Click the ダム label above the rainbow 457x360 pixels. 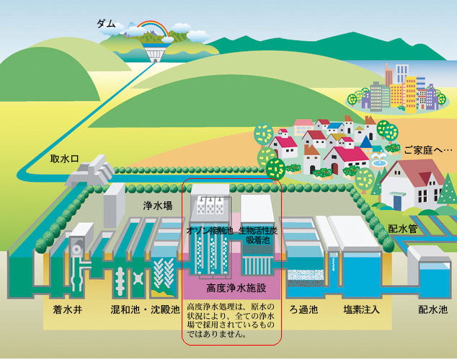[x=106, y=24]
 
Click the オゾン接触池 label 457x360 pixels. [x=208, y=229]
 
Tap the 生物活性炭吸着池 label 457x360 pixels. [x=259, y=233]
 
